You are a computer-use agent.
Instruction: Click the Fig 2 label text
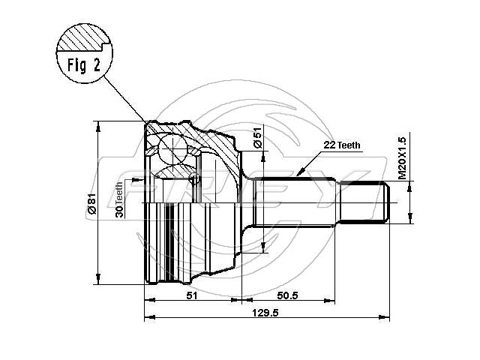84,65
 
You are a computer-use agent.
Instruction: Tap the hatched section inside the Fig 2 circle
83,38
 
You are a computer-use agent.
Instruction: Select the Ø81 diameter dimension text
91,204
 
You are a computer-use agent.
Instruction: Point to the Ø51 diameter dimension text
258,137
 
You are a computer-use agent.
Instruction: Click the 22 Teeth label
342,145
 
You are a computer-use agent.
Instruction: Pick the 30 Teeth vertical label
119,199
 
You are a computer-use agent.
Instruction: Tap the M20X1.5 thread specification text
402,158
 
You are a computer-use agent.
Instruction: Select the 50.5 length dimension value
287,295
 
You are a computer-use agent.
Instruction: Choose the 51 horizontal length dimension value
192,295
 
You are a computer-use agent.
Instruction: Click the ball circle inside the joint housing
173,148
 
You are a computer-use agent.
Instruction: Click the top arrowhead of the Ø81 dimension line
98,127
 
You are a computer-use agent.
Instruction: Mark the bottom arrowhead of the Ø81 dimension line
98,278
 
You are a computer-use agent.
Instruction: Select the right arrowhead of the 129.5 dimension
384,317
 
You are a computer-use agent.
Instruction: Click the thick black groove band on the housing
169,241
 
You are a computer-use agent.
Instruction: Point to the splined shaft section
295,202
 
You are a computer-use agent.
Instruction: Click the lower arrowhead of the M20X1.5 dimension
410,217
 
